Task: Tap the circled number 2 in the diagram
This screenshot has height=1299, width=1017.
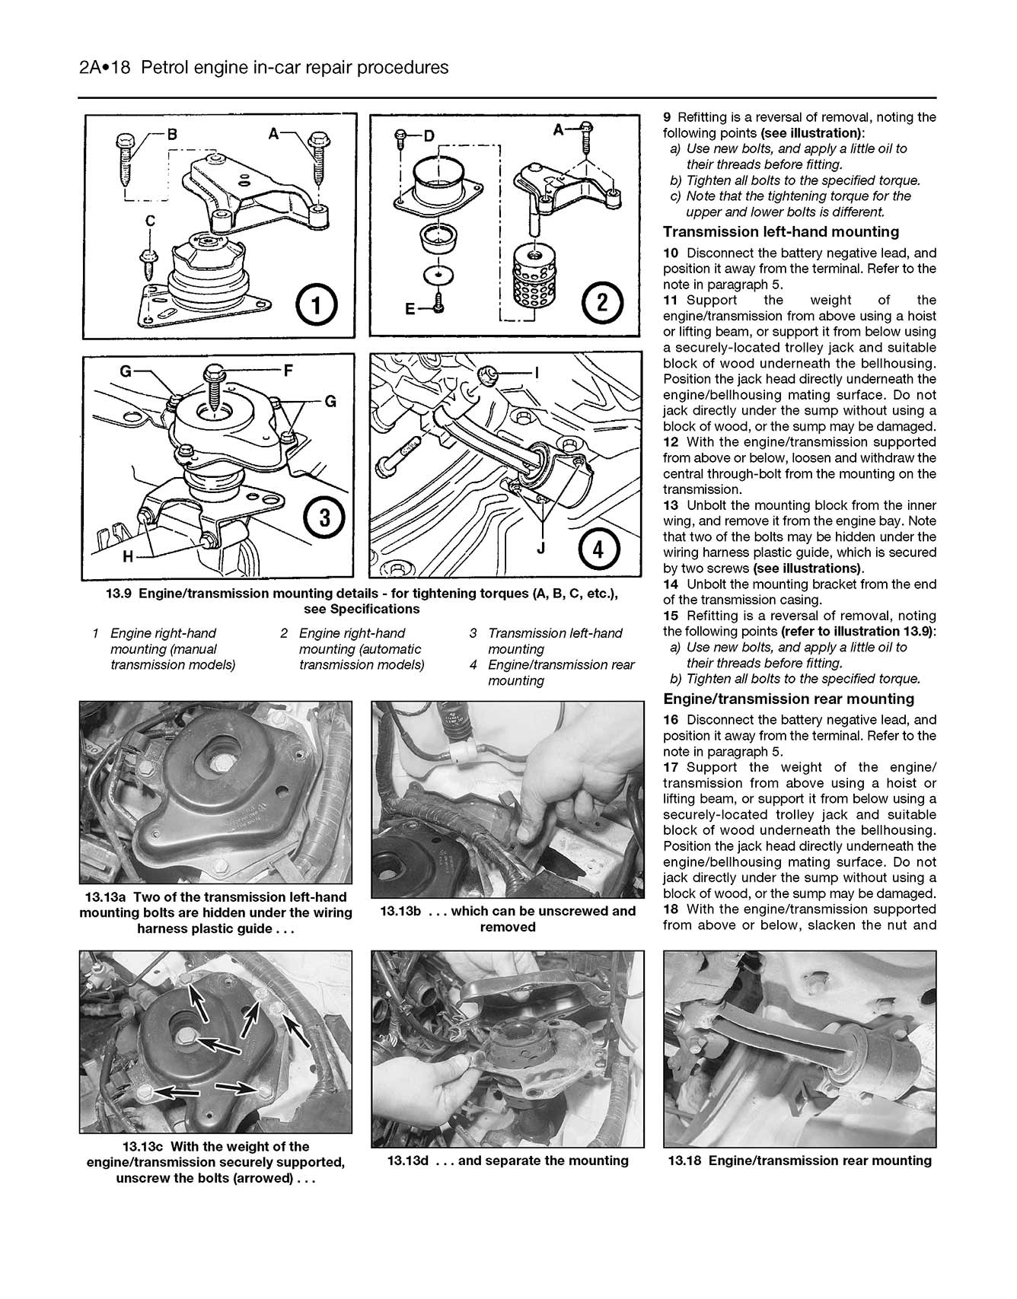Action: [601, 304]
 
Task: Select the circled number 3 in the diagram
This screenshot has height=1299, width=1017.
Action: [325, 519]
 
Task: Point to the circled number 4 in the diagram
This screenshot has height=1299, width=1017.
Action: [598, 547]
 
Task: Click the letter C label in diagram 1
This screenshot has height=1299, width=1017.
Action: [151, 221]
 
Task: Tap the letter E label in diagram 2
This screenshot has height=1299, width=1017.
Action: [410, 310]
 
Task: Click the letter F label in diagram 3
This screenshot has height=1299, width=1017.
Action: [289, 372]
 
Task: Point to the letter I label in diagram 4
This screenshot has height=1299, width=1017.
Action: [537, 372]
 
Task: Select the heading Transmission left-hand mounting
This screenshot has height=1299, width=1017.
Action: [780, 232]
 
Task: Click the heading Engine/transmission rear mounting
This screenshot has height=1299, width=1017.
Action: [788, 699]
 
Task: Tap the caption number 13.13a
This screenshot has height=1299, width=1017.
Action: [108, 897]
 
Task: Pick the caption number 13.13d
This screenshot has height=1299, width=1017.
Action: [410, 1161]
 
